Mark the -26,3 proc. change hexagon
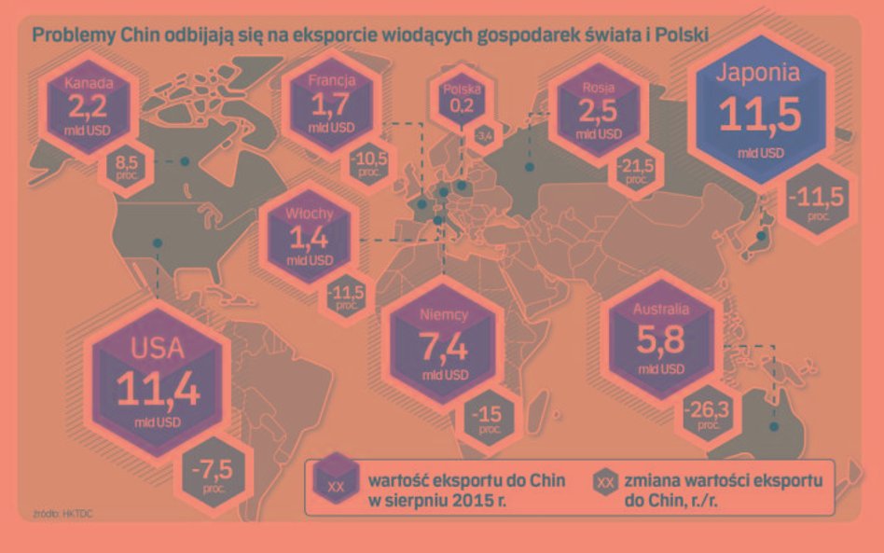coord(707,413)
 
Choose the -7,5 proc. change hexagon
coord(210,469)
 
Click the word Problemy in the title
coord(66,35)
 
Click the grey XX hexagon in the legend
coord(605,482)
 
